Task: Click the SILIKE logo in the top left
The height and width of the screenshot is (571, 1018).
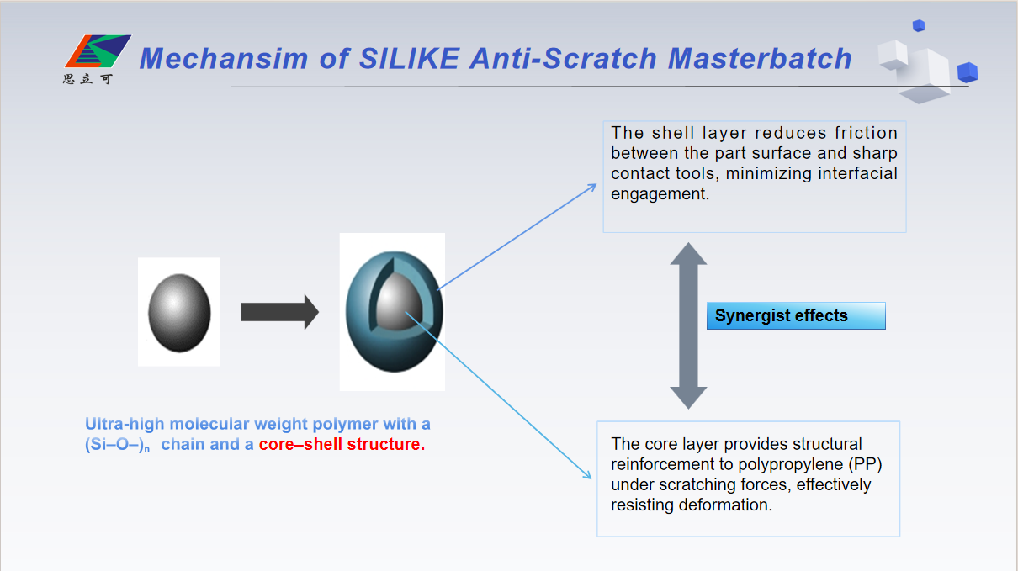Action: coord(97,52)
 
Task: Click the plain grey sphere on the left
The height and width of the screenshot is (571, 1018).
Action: coord(178,310)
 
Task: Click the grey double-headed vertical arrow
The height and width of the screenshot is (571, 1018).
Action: coord(688,325)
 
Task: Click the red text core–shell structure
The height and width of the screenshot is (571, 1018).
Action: coord(342,445)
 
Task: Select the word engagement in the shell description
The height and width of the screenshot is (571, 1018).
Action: coord(657,193)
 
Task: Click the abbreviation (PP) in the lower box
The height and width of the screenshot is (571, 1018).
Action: coord(863,464)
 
